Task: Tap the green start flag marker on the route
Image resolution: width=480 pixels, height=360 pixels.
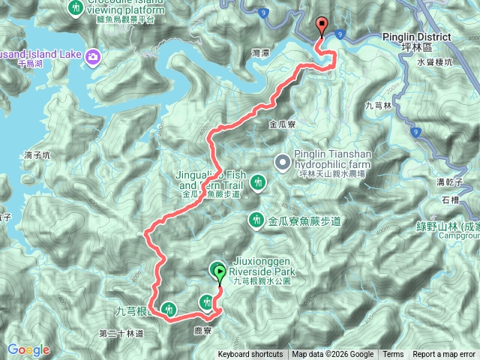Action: pos(219,272)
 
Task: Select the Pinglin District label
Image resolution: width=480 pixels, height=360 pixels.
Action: pos(417,37)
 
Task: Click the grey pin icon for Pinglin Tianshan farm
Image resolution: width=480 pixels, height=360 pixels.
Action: pos(282,161)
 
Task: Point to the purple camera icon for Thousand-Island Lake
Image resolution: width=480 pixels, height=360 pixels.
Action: pos(93,56)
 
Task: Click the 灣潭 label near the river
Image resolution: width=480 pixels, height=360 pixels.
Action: pos(261,54)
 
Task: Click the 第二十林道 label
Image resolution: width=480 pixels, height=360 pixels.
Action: pos(121,332)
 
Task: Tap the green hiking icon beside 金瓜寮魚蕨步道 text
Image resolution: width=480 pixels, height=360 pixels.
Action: pos(255,220)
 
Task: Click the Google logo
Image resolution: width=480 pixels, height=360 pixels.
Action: pos(28,349)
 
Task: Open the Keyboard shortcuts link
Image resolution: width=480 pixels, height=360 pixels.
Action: pos(250,355)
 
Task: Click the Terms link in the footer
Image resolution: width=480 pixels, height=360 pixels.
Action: pos(392,355)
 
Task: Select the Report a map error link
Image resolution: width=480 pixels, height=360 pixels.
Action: pos(444,355)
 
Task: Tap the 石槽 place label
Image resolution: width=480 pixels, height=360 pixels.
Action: pos(450,199)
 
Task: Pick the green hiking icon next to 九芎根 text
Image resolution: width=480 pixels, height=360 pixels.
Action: pos(168,308)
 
